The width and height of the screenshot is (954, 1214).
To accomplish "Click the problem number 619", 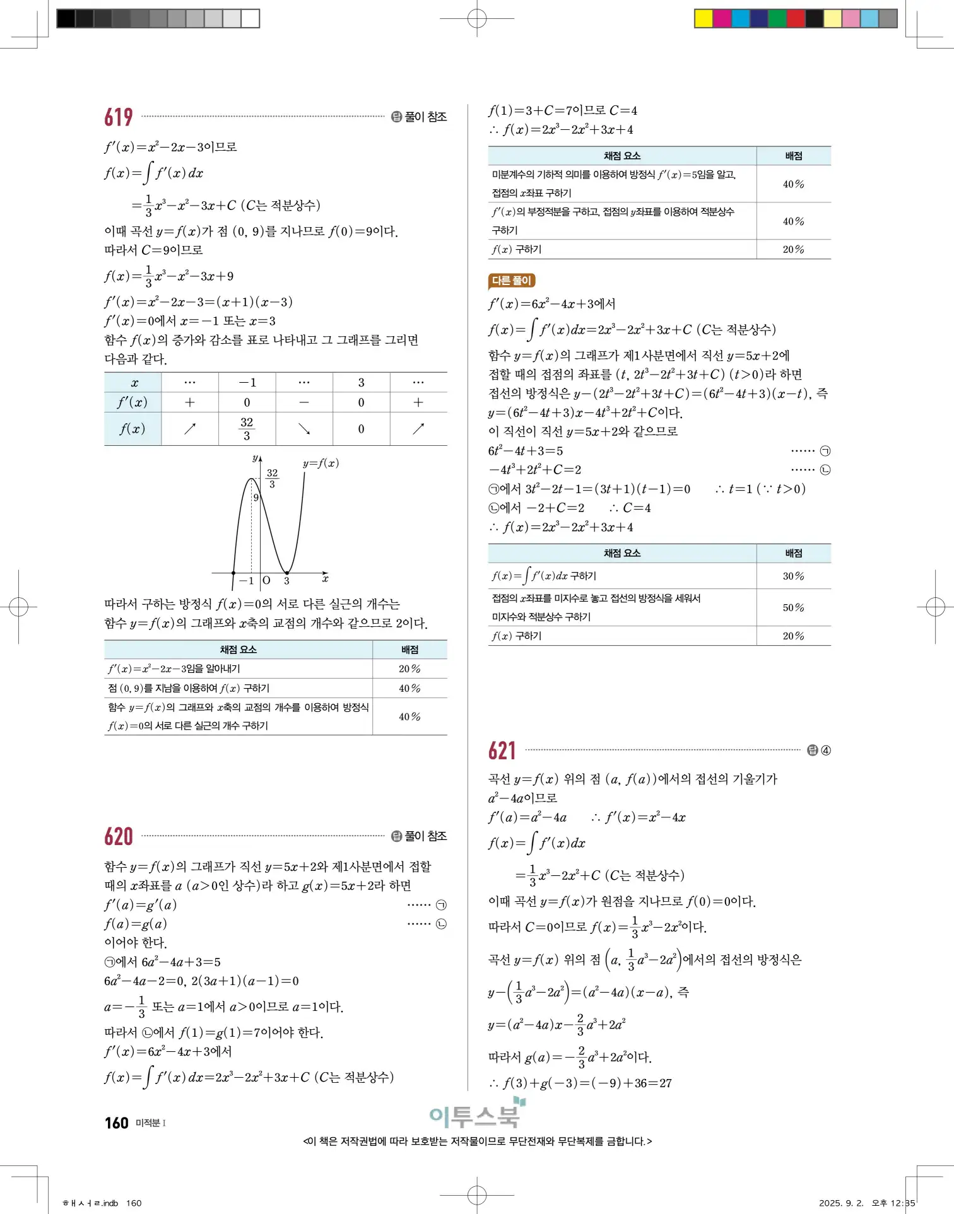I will (x=119, y=117).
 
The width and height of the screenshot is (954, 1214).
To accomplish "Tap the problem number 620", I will (x=119, y=836).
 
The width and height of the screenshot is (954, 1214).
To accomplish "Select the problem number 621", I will (x=502, y=750).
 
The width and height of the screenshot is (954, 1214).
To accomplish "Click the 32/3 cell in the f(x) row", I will (x=247, y=429).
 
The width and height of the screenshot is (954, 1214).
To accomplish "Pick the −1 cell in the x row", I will (x=247, y=382).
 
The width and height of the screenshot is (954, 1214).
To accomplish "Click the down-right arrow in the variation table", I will (x=304, y=429).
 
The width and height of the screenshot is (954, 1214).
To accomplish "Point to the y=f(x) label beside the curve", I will (x=321, y=463).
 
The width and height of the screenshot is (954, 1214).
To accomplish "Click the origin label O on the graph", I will (x=266, y=580).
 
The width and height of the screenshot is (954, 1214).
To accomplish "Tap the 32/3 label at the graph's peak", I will (x=272, y=478).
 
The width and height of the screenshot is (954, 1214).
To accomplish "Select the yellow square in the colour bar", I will (x=704, y=18).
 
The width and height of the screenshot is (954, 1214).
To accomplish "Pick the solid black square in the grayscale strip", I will (x=66, y=18).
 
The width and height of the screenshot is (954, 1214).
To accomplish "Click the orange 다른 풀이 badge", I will (x=512, y=281).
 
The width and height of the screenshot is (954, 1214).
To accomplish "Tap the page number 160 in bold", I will (x=117, y=1123).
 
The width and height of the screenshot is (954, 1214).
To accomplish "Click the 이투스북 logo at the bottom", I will (x=476, y=1115).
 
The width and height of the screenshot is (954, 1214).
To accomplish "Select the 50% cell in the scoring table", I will (x=793, y=608).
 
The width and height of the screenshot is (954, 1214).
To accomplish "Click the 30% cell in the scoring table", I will (x=793, y=576).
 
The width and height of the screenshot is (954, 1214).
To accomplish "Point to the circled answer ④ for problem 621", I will (x=826, y=750).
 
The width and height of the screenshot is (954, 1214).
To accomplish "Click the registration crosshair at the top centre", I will (x=477, y=19).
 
